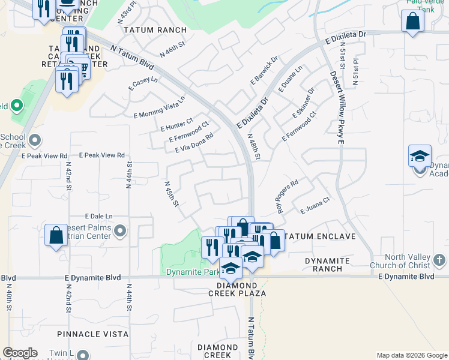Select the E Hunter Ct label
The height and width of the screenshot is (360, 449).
(x=176, y=124)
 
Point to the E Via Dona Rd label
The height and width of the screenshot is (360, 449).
(x=194, y=143)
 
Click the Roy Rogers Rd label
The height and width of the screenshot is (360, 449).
(x=288, y=197)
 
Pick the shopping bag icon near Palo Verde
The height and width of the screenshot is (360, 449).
(x=413, y=21)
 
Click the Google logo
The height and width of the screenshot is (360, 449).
(x=20, y=353)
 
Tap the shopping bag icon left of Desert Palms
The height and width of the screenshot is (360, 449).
(x=56, y=235)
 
